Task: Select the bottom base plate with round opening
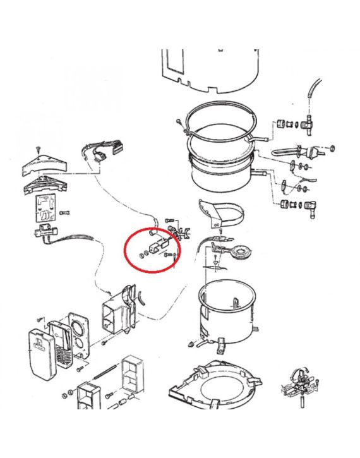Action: (215, 385)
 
